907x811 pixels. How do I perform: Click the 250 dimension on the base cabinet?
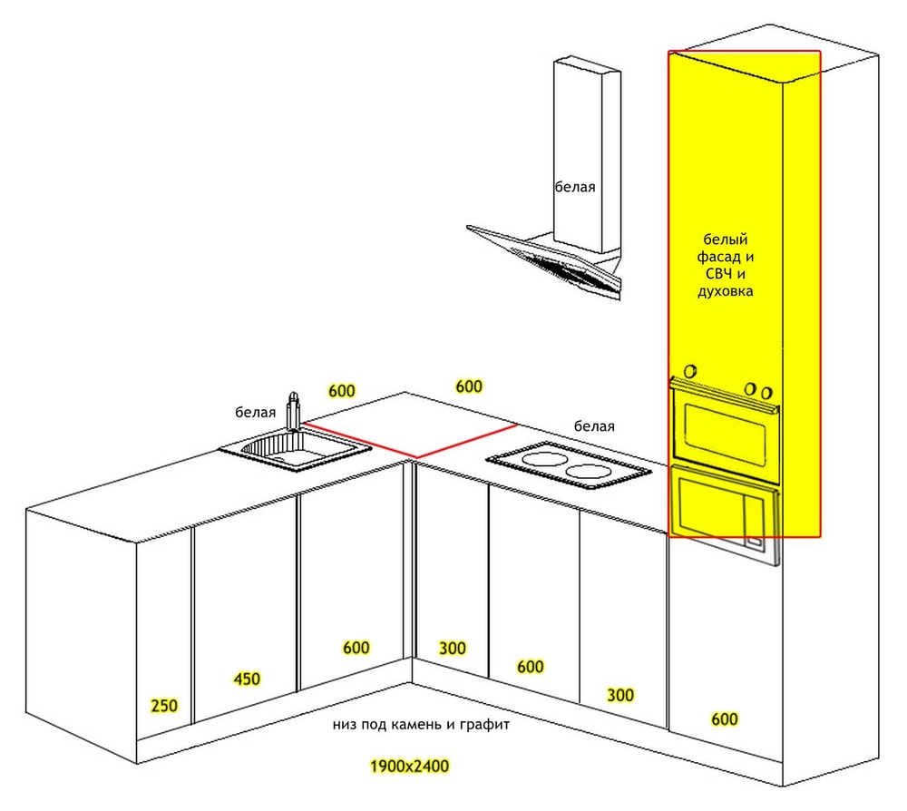pos(164,706)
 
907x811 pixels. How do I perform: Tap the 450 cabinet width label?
pos(247,679)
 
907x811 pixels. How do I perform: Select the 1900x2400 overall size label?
pos(410,767)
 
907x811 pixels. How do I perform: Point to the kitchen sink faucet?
pos(293,411)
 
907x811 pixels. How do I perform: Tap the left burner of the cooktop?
pos(544,460)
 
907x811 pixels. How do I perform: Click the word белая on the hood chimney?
pos(575,188)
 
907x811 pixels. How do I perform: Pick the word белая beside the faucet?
pos(255,413)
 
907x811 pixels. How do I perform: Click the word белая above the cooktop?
pos(594,426)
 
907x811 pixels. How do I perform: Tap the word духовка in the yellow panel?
pos(726,291)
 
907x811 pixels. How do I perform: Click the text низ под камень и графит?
pos(421,724)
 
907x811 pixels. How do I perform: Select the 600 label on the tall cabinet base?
pos(724,719)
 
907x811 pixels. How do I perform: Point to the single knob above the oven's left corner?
pos(689,371)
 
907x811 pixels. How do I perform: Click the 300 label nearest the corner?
pos(453,649)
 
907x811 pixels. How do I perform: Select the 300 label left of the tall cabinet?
pos(620,695)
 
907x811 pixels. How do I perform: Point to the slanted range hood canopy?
pos(543,260)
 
